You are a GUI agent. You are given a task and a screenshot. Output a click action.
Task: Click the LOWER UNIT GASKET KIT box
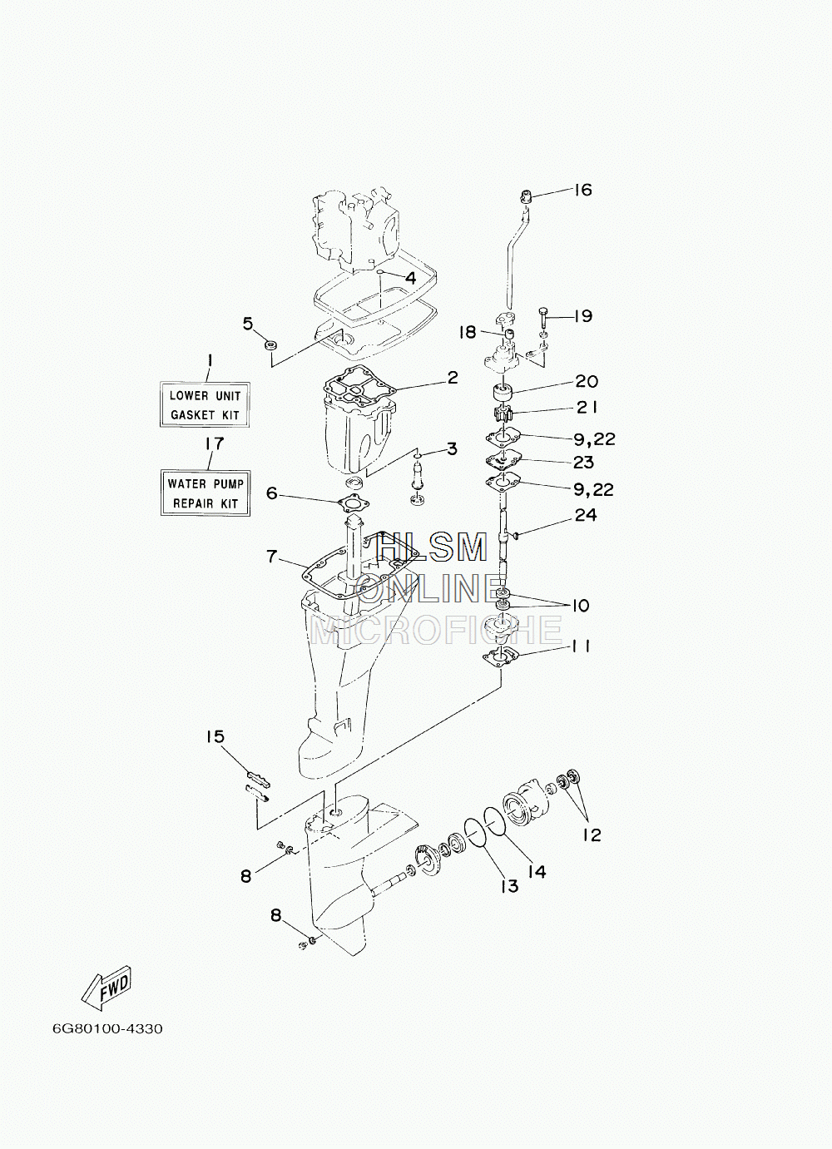(205, 404)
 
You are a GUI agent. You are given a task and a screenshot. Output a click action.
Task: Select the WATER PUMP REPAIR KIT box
(206, 493)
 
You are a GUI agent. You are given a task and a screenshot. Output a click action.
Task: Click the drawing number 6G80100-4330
(106, 1028)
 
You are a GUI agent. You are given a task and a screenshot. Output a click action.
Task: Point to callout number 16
(582, 190)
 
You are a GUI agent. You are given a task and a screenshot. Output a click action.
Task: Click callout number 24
(585, 514)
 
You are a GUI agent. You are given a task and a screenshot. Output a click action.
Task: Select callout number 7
(272, 556)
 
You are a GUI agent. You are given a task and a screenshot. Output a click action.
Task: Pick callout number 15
(215, 736)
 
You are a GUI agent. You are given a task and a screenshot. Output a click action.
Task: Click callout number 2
(452, 378)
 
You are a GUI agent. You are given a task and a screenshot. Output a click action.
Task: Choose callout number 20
(587, 381)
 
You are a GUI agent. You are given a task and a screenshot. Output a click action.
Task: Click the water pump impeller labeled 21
(500, 414)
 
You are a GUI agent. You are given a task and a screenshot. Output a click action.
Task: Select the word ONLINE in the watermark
(429, 588)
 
